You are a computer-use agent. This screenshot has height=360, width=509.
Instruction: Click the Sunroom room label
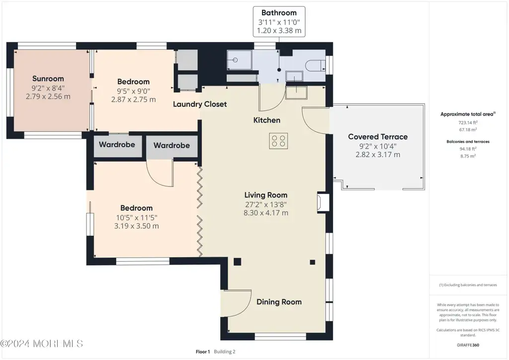tap(48, 79)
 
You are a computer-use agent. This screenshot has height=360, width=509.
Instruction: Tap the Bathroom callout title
tap(279, 12)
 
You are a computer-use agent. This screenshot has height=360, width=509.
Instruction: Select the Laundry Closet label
tap(200, 104)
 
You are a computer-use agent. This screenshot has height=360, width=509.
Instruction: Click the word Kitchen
tap(266, 120)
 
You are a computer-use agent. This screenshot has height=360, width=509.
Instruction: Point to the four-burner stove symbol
tap(278, 141)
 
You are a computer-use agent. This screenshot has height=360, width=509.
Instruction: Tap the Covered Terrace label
tap(378, 137)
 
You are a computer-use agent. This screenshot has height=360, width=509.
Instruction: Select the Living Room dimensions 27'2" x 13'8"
tap(266, 204)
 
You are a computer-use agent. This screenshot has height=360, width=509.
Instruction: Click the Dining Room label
tap(279, 302)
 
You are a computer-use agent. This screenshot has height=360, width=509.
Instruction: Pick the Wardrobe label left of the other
tap(117, 145)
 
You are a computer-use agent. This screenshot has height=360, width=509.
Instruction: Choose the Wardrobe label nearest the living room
tap(171, 145)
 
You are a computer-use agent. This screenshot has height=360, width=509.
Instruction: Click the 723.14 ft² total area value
tap(468, 122)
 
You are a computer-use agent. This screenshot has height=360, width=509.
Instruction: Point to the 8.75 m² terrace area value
tap(468, 156)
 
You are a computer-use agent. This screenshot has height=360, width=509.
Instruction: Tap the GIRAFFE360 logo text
tap(468, 345)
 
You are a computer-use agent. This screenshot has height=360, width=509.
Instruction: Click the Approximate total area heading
tap(468, 114)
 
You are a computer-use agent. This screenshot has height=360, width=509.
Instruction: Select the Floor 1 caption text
tap(203, 352)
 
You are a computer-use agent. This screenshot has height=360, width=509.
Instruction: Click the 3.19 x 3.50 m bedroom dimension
tap(136, 226)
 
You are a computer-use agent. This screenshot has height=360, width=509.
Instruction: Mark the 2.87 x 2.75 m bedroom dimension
tap(133, 99)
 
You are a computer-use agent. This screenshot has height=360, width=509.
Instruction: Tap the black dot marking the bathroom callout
tap(279, 70)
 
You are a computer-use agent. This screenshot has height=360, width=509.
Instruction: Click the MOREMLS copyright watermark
tap(42, 344)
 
